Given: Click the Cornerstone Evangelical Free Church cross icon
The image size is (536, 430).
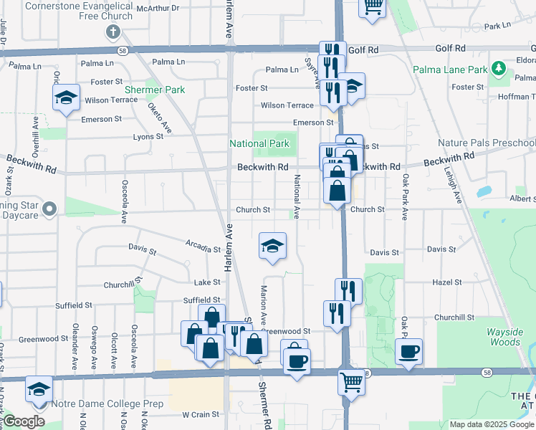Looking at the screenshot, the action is [113, 32].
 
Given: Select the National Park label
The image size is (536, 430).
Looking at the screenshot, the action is [259, 143].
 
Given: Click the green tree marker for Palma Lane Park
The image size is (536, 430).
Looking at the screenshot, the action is [499, 70].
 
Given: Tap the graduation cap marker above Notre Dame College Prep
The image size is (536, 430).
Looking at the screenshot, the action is [39, 389].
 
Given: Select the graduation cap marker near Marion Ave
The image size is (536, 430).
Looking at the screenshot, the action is [272, 246].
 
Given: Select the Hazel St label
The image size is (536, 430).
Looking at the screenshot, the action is [445, 282].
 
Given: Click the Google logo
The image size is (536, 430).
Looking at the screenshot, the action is [24, 422].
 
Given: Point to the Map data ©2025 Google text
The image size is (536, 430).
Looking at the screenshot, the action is [491, 424].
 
